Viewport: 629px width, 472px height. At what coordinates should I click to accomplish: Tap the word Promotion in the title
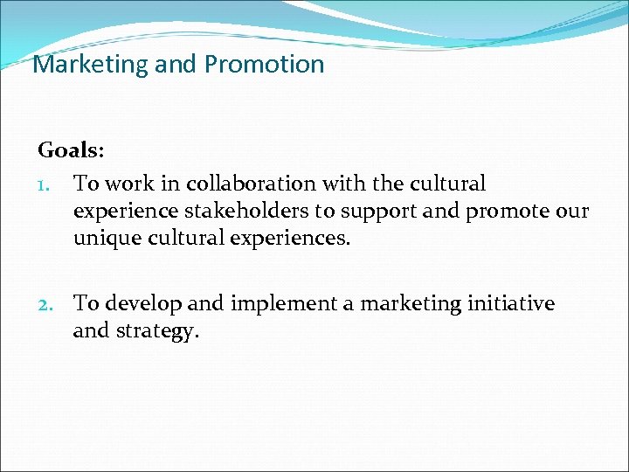coord(264,65)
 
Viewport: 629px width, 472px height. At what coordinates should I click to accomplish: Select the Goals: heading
coord(71,150)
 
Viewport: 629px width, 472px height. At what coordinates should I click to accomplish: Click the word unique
coord(101,239)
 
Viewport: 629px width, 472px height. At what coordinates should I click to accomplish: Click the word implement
coord(273,304)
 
